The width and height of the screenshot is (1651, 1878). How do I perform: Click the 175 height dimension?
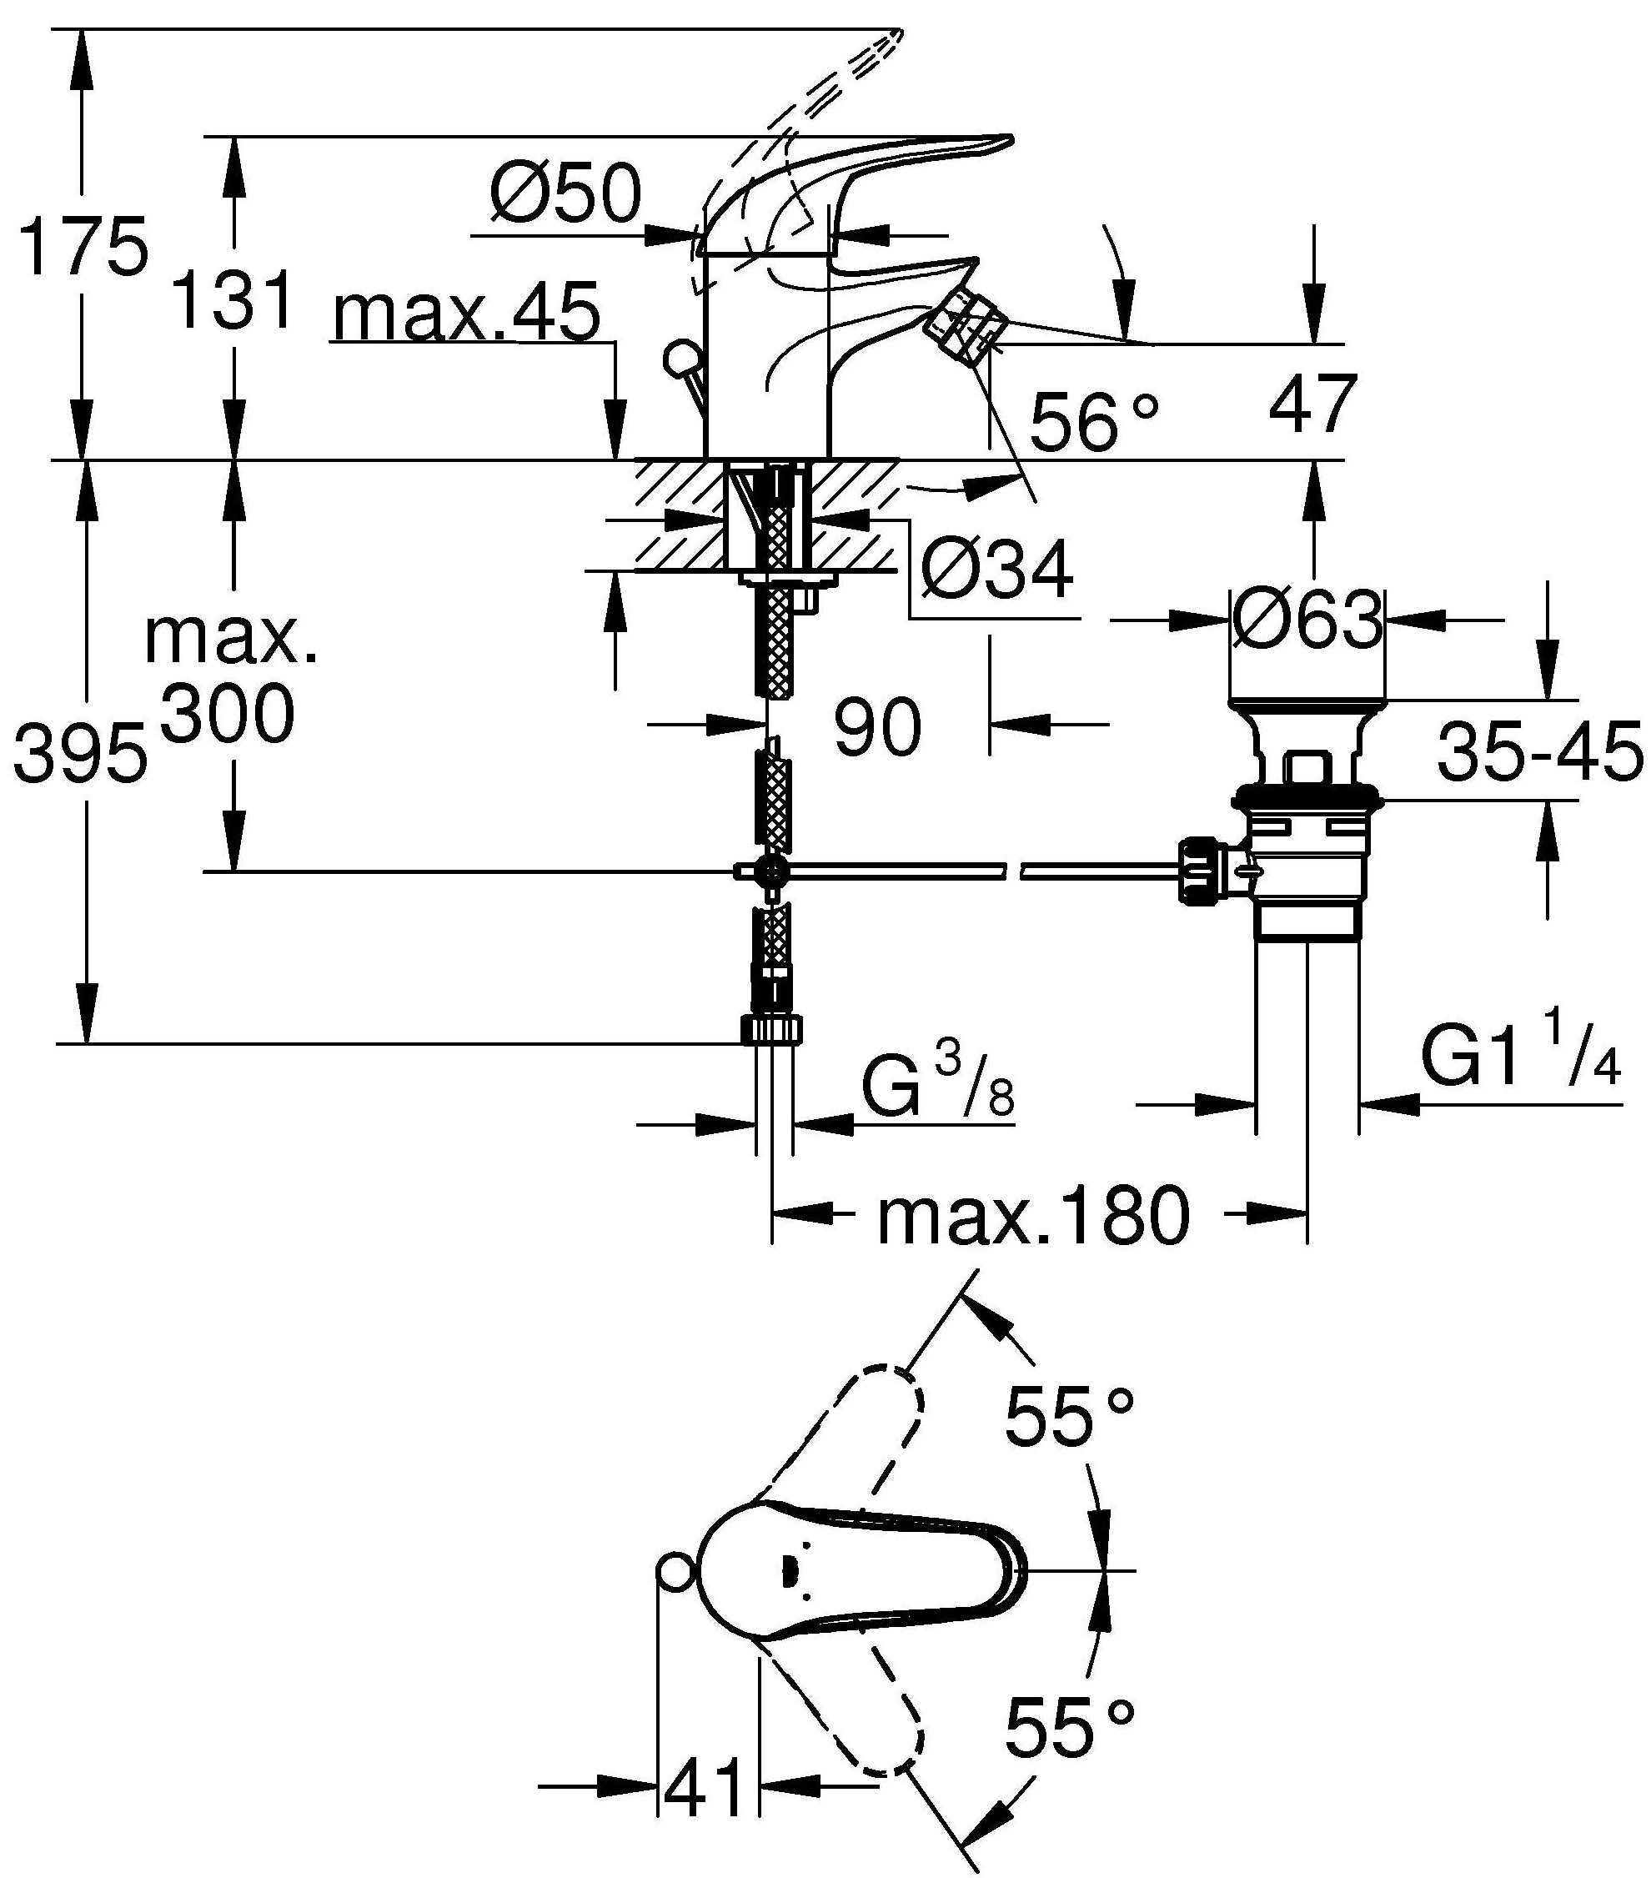pos(83,246)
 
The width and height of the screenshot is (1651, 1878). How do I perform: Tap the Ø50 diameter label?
pos(565,193)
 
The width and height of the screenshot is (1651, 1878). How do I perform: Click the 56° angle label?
pos(1093,422)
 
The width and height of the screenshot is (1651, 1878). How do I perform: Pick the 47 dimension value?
pos(1312,404)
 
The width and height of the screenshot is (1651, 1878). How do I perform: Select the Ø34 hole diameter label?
pos(996,570)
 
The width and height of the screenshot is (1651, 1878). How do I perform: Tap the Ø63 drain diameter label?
pos(1307,618)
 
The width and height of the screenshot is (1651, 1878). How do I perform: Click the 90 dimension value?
pos(876,726)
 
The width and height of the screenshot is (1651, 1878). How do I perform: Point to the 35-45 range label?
pos(1540,751)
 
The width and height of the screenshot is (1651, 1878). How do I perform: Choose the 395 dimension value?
pos(80,752)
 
